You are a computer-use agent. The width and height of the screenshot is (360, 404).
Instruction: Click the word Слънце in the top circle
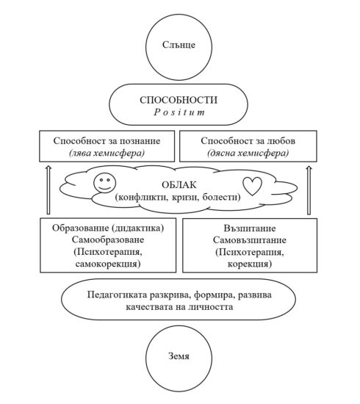click(179, 46)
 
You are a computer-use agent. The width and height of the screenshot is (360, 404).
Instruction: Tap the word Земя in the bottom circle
click(179, 358)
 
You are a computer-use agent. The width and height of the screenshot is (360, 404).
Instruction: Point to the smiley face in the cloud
click(103, 184)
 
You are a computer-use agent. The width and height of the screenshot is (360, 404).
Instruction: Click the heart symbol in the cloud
click(252, 186)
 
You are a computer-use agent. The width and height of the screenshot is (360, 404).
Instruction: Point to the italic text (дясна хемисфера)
click(249, 152)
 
